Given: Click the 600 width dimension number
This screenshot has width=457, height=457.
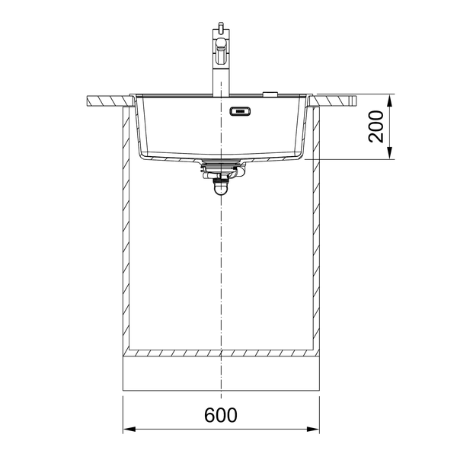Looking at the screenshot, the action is [221, 415].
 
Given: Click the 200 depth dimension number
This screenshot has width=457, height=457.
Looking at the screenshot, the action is [376, 126].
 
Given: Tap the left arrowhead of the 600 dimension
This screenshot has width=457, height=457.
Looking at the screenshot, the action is [129, 430].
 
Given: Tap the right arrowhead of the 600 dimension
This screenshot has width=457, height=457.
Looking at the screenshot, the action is [313, 430].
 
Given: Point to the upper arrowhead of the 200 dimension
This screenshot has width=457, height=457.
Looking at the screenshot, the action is [390, 101].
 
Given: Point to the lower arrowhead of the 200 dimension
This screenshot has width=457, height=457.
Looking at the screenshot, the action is [390, 153].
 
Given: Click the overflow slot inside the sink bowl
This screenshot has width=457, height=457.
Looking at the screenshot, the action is [240, 111].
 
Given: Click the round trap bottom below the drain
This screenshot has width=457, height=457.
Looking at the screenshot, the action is [221, 189].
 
